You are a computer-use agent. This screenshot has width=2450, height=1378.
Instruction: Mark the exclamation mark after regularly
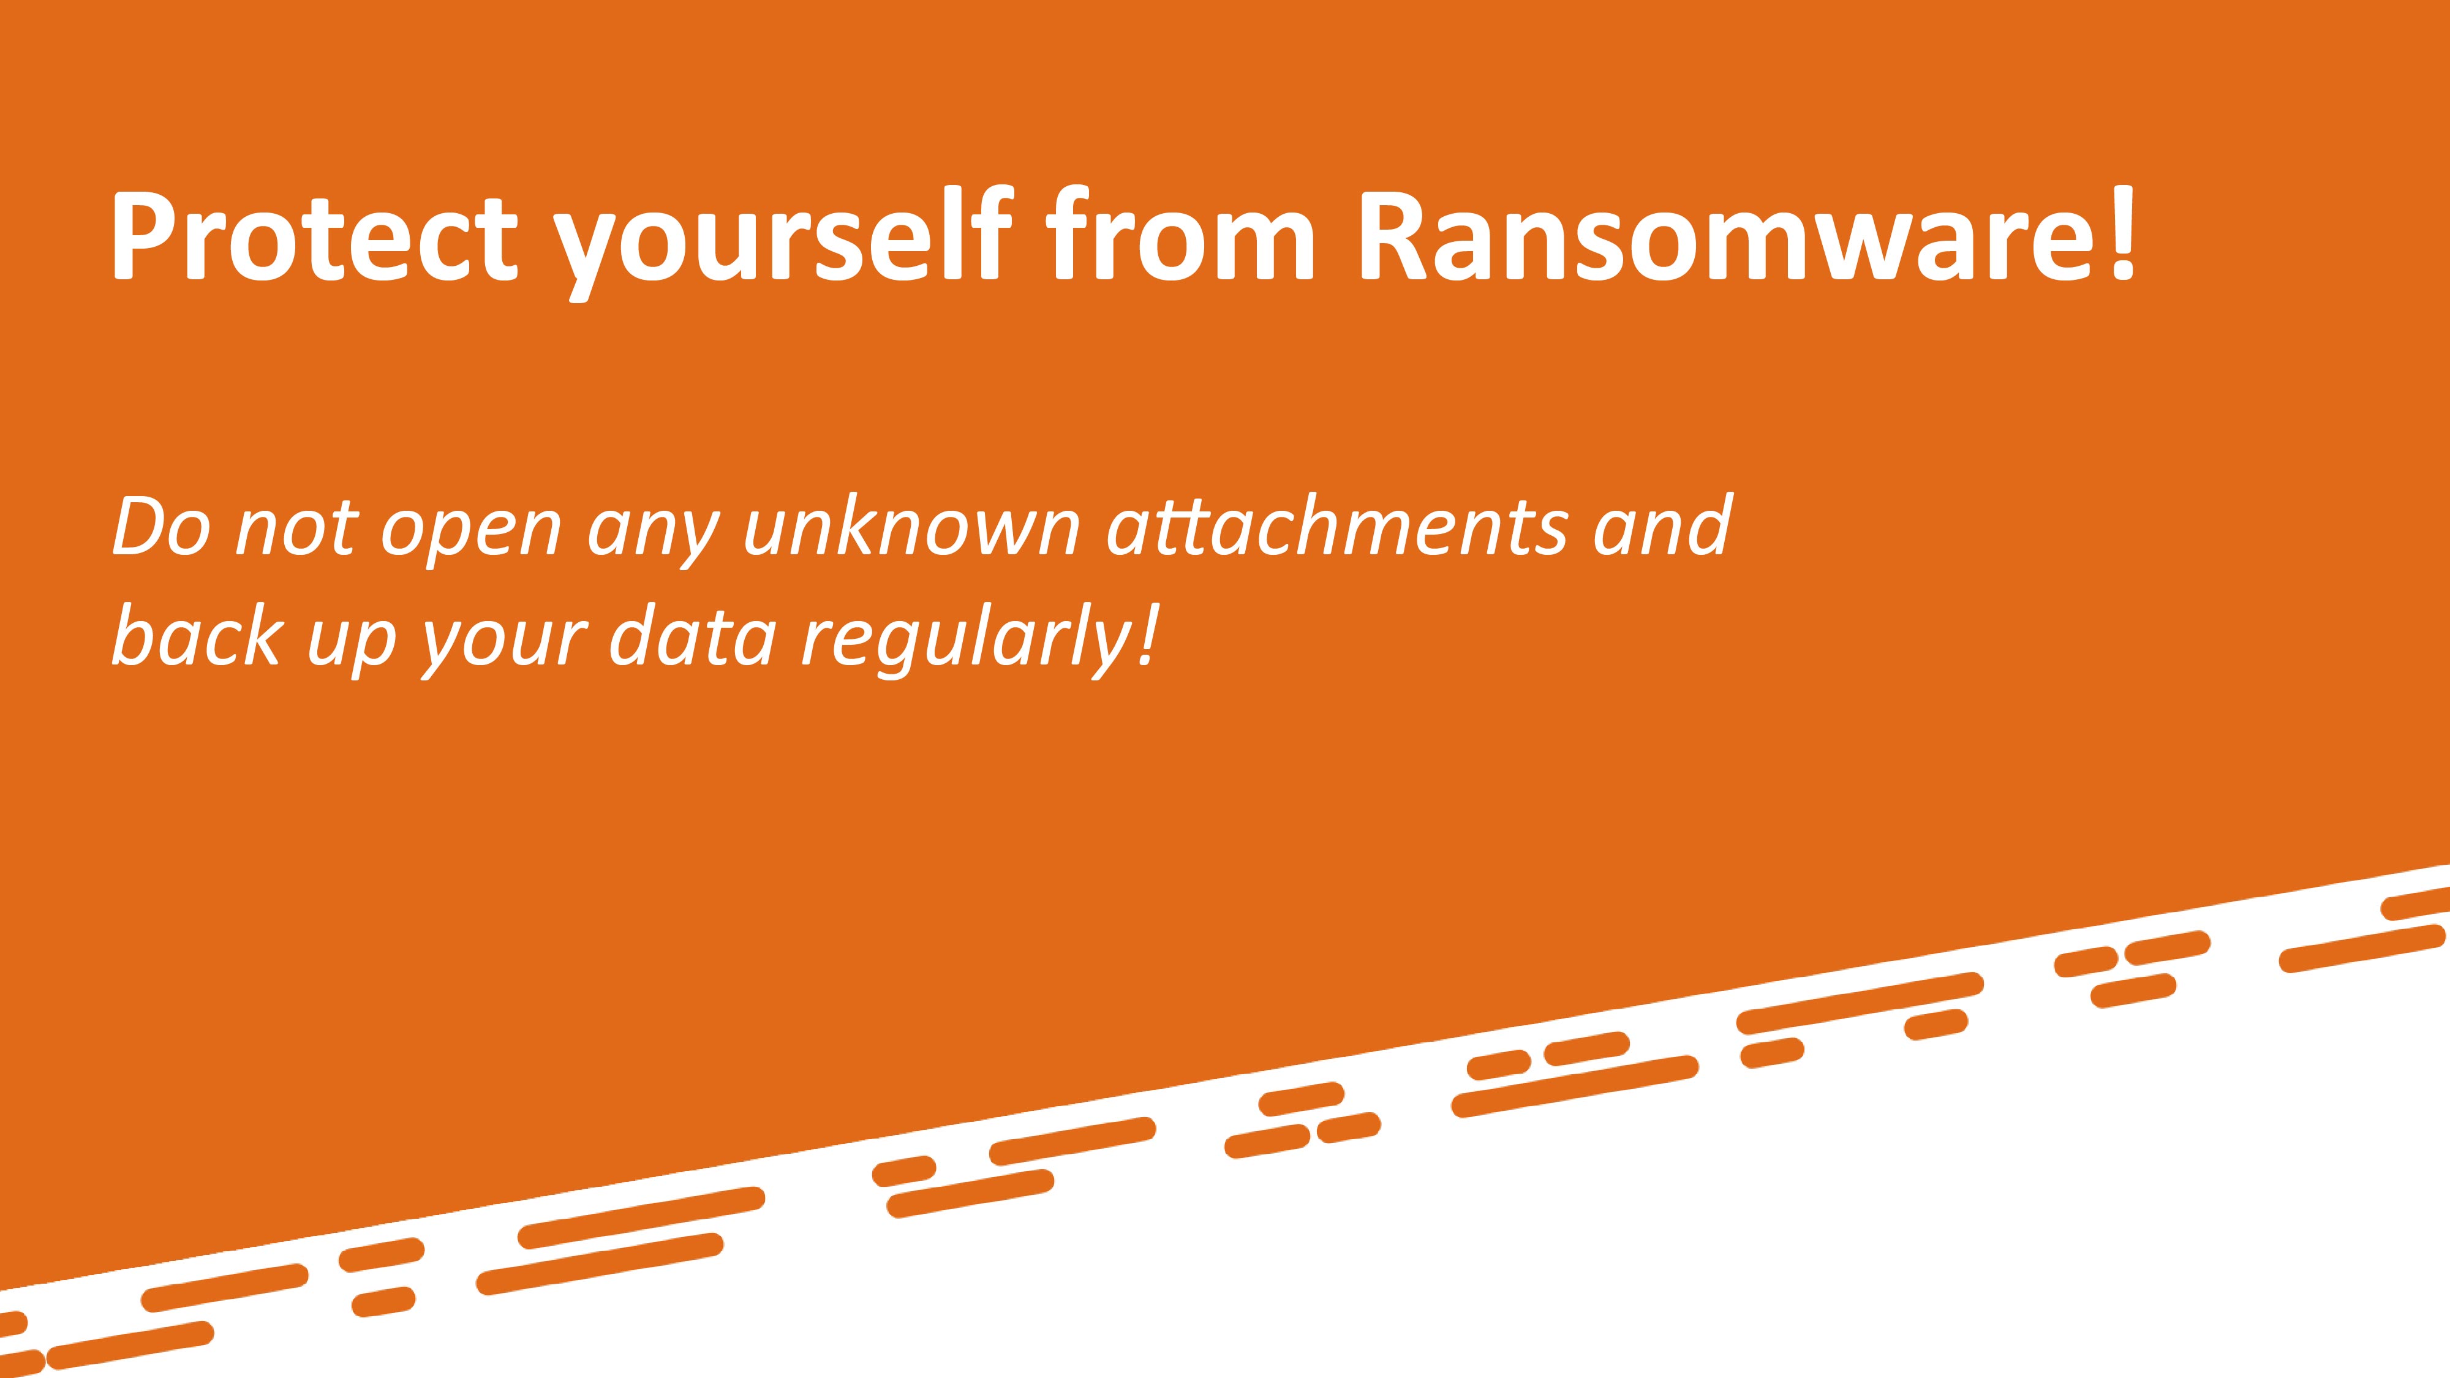click(x=1148, y=634)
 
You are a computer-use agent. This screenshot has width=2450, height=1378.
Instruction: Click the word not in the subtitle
click(x=296, y=528)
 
